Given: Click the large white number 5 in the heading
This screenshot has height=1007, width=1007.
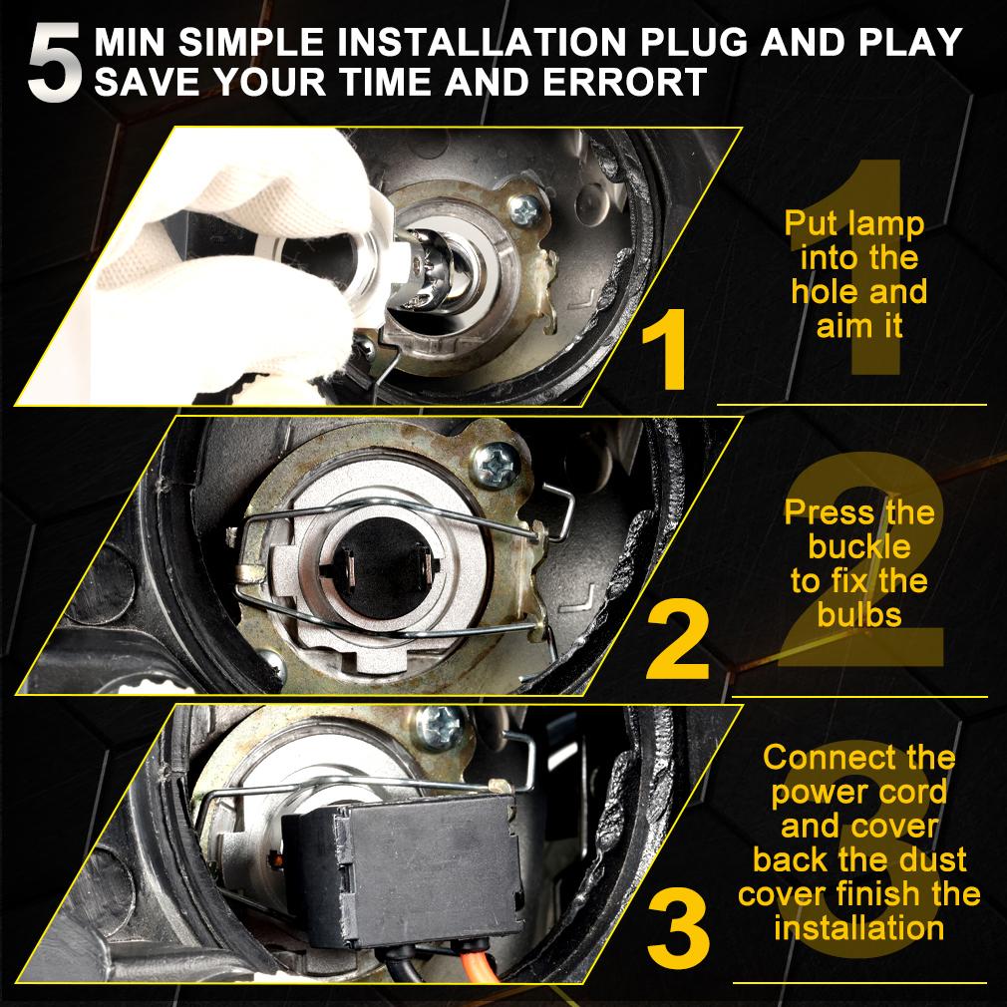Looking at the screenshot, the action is tap(55, 62).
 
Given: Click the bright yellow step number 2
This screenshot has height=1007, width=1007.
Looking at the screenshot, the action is tap(677, 639).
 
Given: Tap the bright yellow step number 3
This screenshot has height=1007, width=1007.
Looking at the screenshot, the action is tap(678, 929).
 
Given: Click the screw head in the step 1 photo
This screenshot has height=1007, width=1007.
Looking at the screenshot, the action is tap(525, 209).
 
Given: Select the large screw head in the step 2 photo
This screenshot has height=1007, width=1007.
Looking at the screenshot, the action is tap(495, 465).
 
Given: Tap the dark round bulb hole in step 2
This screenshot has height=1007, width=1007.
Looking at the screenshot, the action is tap(384, 569).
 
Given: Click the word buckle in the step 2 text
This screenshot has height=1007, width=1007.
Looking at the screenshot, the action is tap(859, 547).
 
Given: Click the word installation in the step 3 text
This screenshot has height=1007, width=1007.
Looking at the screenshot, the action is tap(859, 928).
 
